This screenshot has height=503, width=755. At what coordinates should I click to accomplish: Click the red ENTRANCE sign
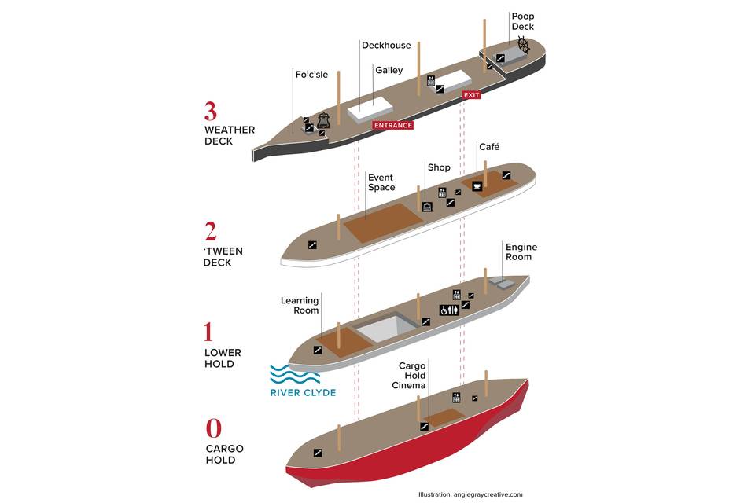(392, 125)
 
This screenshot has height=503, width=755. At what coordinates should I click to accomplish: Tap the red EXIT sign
(471, 95)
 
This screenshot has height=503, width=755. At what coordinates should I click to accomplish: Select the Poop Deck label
(522, 21)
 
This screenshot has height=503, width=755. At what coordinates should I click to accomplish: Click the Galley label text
(389, 70)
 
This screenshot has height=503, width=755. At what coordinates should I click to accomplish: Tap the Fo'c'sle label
(311, 75)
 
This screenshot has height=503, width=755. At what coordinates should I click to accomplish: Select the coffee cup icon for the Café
(477, 186)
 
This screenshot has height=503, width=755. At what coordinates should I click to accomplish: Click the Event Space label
(381, 183)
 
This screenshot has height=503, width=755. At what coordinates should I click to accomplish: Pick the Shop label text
(438, 167)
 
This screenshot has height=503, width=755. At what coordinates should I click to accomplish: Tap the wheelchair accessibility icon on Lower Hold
(444, 310)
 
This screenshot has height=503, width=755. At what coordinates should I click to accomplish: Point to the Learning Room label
(300, 306)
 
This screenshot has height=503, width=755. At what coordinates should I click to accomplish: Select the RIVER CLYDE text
(303, 392)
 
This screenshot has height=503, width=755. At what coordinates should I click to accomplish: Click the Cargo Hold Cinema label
(412, 376)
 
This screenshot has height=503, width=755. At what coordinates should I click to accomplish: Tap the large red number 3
(211, 111)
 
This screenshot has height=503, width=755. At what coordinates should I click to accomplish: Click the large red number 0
(213, 428)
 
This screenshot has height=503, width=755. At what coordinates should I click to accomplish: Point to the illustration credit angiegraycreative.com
(470, 494)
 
